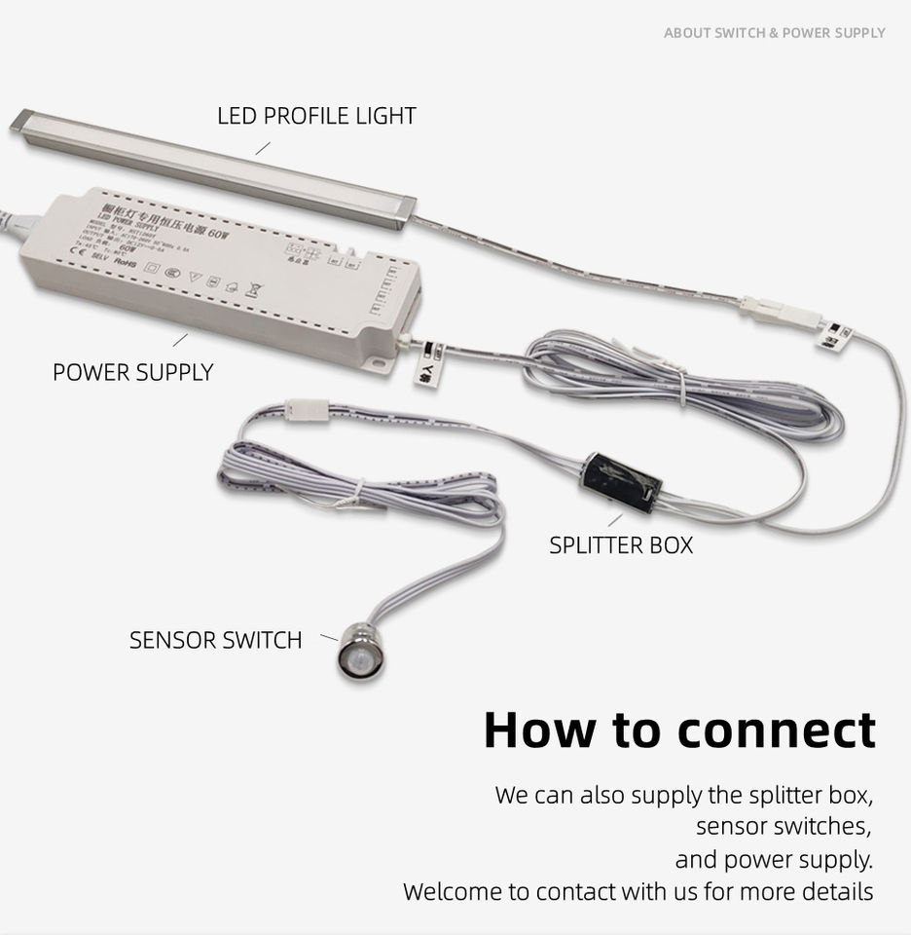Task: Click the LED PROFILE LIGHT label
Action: click(316, 116)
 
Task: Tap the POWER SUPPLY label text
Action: click(132, 372)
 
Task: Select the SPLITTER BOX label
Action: click(621, 544)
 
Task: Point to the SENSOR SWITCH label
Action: click(215, 640)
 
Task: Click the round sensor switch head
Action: click(360, 656)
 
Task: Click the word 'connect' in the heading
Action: click(744, 729)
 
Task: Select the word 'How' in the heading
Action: click(540, 729)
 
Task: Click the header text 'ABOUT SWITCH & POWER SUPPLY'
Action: click(774, 33)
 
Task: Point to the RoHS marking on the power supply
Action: click(126, 262)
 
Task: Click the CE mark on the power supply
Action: click(81, 254)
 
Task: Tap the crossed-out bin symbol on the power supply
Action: click(256, 288)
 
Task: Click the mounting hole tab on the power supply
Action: click(383, 363)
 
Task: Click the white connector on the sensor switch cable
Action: click(308, 410)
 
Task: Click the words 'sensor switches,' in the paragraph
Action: click(783, 827)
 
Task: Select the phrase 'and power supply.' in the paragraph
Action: click(774, 859)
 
